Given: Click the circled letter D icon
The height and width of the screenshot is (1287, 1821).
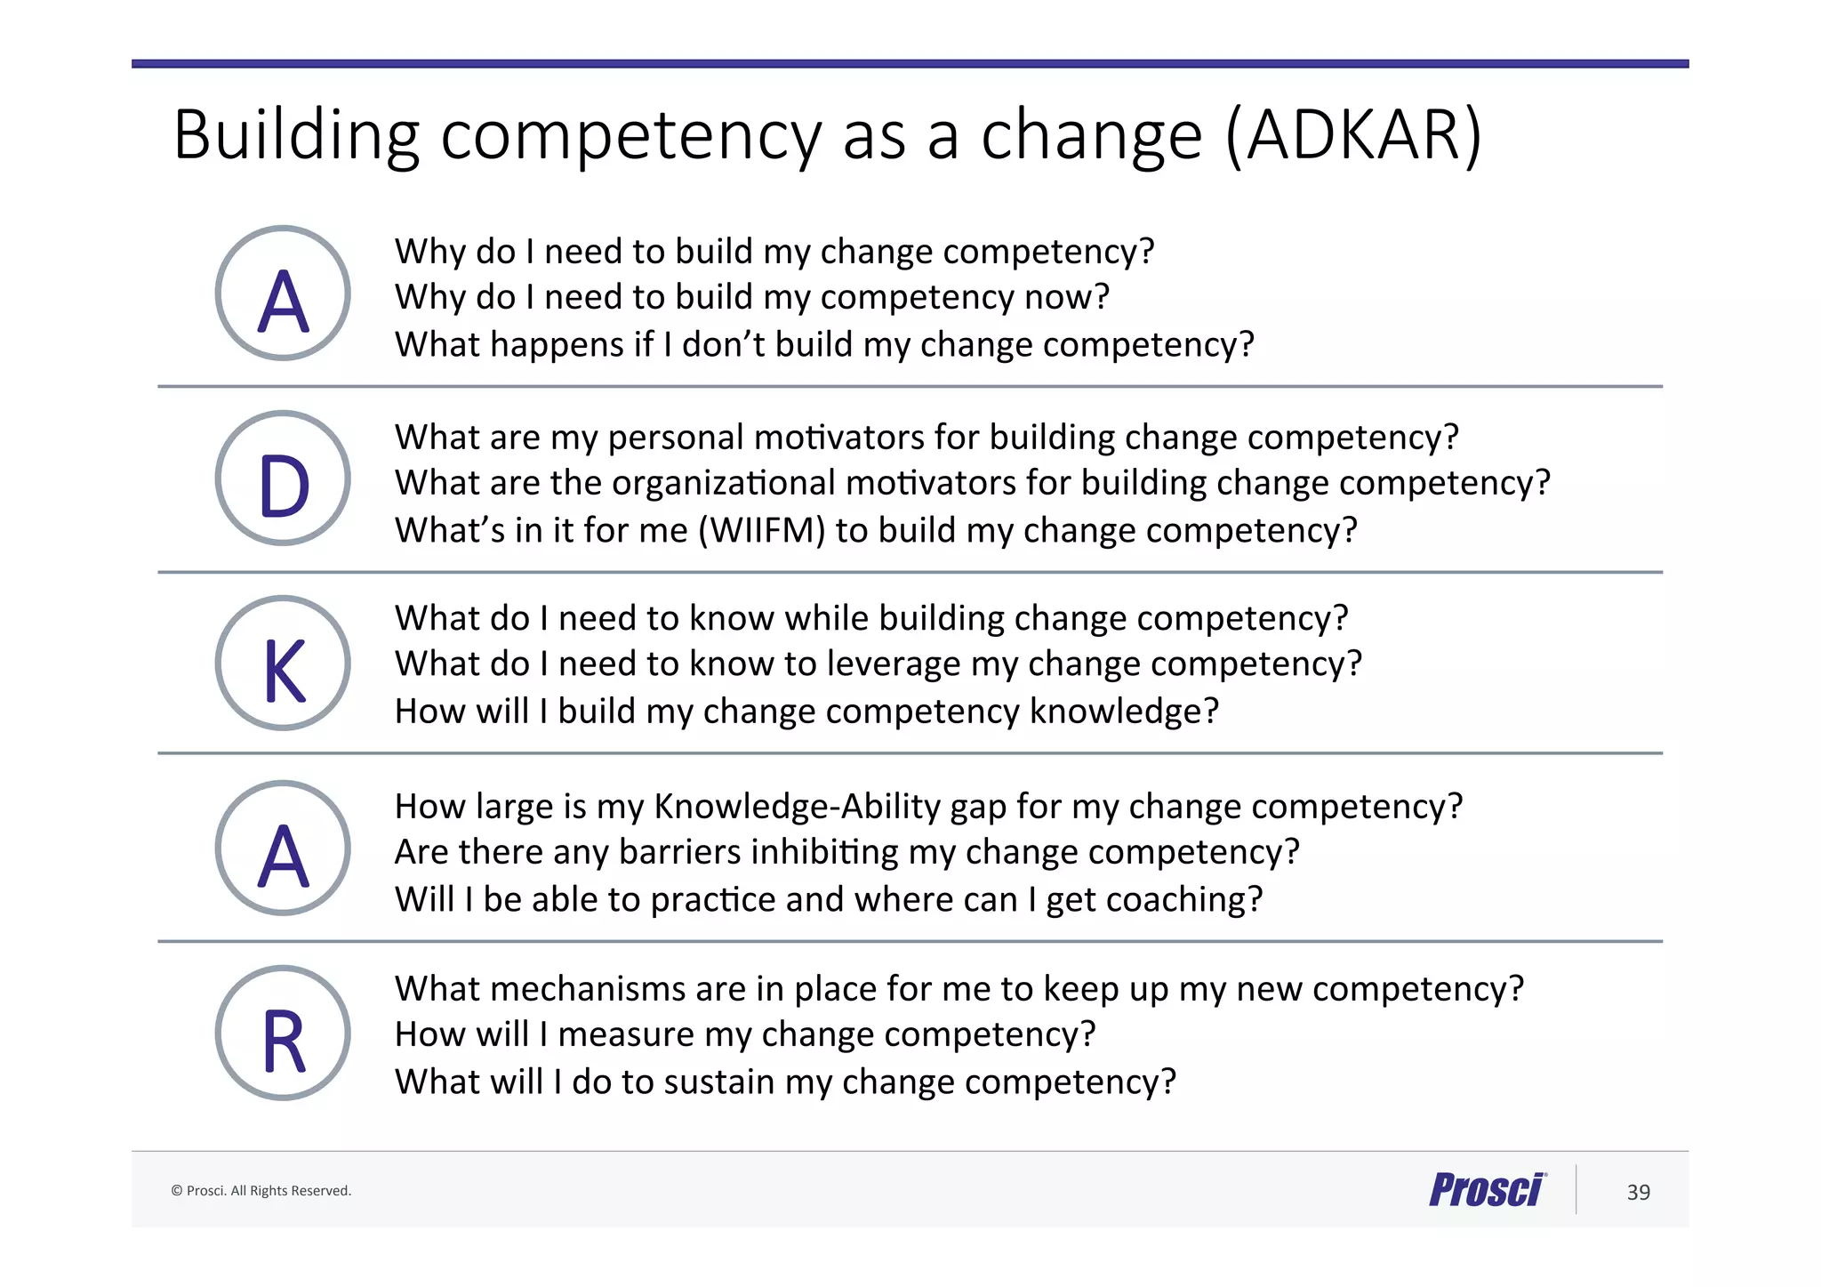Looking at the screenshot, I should click(x=283, y=479).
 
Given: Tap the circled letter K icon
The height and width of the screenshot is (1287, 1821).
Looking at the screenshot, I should click(x=283, y=664).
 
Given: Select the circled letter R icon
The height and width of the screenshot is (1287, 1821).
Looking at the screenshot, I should click(x=283, y=1034).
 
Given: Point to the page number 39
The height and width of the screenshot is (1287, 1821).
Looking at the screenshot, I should click(x=1638, y=1192).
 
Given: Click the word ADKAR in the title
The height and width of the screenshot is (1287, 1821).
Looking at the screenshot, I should click(x=1353, y=135).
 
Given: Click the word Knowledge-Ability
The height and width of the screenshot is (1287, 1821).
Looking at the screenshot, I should click(x=797, y=807).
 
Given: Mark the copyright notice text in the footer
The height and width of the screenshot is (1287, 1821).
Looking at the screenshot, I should click(x=261, y=1191).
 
